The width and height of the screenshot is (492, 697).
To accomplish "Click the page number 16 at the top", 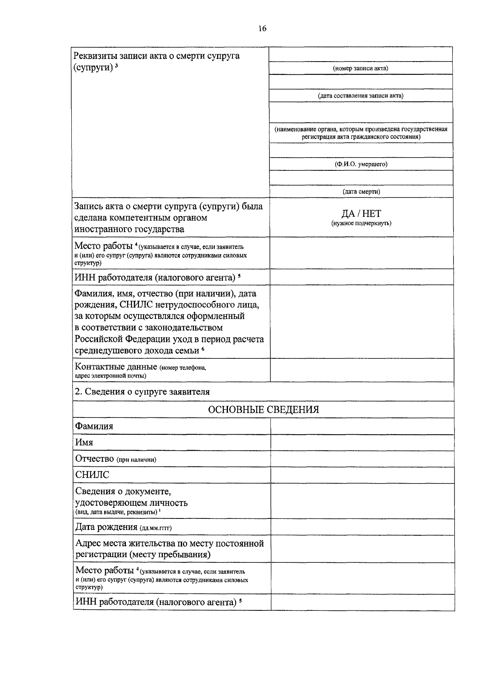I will click(x=262, y=28).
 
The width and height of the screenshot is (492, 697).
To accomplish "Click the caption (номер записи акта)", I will click(x=360, y=68).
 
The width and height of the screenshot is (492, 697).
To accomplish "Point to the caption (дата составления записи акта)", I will click(x=361, y=96).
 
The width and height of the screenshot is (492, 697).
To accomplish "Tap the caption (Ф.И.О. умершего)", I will click(x=361, y=164).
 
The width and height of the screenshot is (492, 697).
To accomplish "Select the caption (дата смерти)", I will click(x=361, y=191).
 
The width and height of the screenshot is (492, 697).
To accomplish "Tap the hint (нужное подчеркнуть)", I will click(x=361, y=223).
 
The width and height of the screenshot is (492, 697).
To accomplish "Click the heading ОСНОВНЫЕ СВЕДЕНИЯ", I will click(x=263, y=409).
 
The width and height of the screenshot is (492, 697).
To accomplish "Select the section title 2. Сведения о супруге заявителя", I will click(x=142, y=392).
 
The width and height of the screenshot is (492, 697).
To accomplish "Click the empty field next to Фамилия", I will click(x=362, y=426).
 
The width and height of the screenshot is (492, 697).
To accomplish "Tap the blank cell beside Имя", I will click(x=362, y=443).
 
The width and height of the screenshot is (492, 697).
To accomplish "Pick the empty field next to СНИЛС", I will click(x=362, y=475).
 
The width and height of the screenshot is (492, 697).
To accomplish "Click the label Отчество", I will click(x=94, y=459).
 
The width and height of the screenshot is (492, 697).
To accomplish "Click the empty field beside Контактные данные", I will click(x=362, y=370).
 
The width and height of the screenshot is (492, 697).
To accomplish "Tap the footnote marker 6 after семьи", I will click(x=203, y=349).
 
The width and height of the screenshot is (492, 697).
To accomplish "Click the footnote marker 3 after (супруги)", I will click(x=116, y=66).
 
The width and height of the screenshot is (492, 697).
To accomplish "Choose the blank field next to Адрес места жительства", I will click(x=362, y=549).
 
